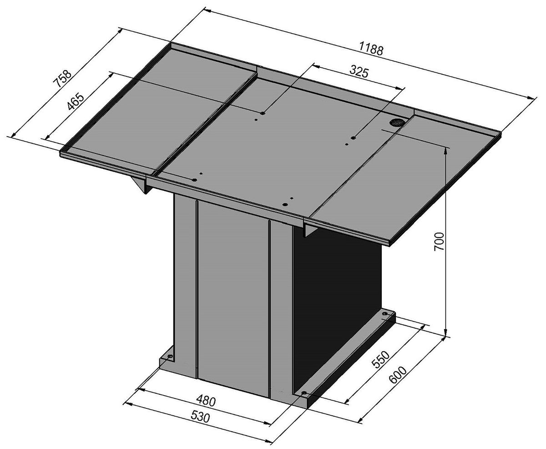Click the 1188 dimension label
[x=371, y=49]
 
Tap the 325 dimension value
[x=359, y=71]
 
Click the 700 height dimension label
[x=439, y=241]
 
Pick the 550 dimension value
[x=380, y=359]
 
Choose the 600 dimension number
[x=398, y=375]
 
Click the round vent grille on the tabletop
[x=397, y=122]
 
